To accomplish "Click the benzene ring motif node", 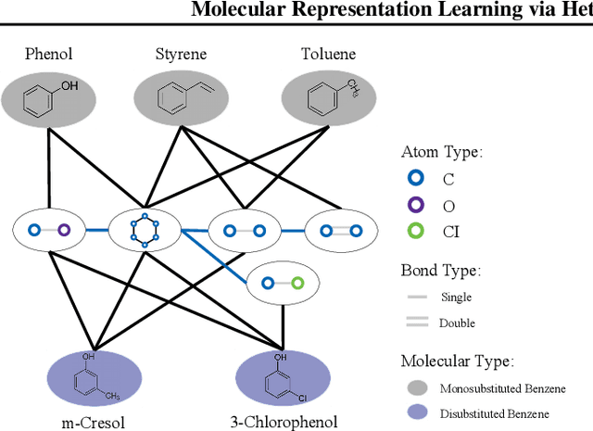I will click(144, 230).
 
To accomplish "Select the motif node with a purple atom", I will click(49, 230).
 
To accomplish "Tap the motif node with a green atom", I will click(283, 285).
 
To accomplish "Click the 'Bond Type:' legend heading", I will click(440, 272).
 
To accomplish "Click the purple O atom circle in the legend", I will click(417, 206).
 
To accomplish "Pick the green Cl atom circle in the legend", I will click(417, 233).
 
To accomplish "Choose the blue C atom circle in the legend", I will click(417, 179).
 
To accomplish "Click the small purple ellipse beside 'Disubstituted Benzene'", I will click(417, 413).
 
